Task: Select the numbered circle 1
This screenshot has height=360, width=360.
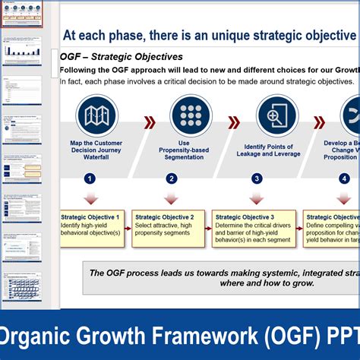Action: pos(90,179)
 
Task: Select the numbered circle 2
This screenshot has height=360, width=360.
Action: pos(172,179)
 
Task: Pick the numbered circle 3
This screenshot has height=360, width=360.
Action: pos(257,179)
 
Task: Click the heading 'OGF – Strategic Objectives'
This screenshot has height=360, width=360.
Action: pos(121,57)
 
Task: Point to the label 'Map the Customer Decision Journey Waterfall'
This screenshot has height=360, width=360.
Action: pos(96,150)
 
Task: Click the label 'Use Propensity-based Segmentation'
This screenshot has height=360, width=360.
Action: pos(185,150)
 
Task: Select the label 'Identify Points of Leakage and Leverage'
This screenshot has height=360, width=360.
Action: pos(272,150)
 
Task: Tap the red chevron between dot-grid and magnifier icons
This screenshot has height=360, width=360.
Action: pos(235,122)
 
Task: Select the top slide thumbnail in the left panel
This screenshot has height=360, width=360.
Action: pos(22,14)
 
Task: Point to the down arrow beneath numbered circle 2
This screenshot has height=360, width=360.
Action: pos(171,198)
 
